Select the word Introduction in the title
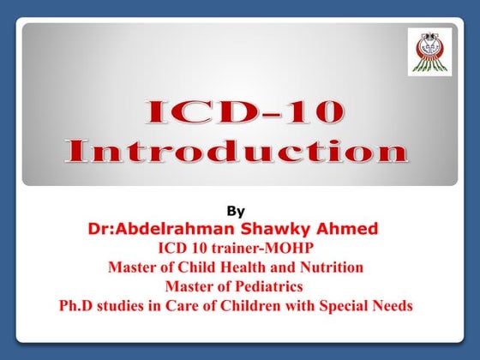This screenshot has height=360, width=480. [x=236, y=152]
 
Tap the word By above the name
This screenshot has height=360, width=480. [x=235, y=208]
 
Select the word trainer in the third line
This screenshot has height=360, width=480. [x=225, y=248]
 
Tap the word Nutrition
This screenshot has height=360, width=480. [x=332, y=267]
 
